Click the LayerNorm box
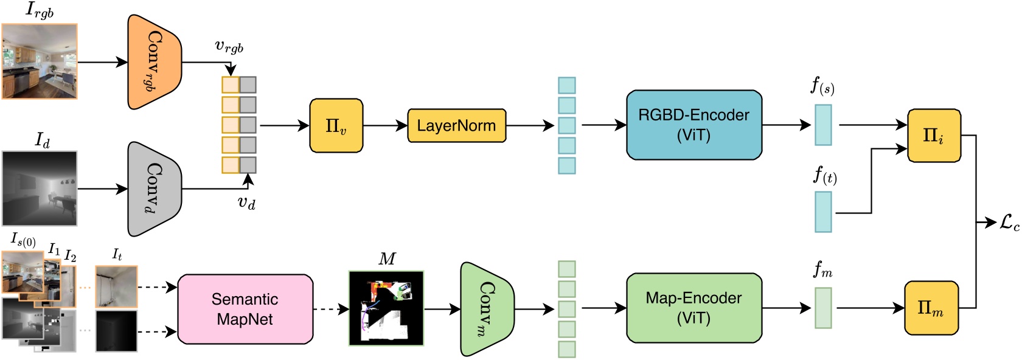pos(456,126)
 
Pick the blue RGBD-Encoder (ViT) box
pos(693,125)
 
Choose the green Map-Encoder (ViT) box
pos(693,308)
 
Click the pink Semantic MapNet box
pos(245,309)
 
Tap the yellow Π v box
pos(336,126)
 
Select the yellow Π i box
pos(934,136)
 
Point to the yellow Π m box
pos(931,308)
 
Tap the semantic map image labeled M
pos(386,308)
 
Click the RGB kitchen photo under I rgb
pos(40,61)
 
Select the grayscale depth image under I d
pos(40,189)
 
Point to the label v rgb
pos(229,47)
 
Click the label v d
pos(246,202)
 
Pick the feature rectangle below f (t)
pos(823,212)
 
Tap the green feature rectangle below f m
pos(823,308)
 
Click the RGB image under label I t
pos(116,286)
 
